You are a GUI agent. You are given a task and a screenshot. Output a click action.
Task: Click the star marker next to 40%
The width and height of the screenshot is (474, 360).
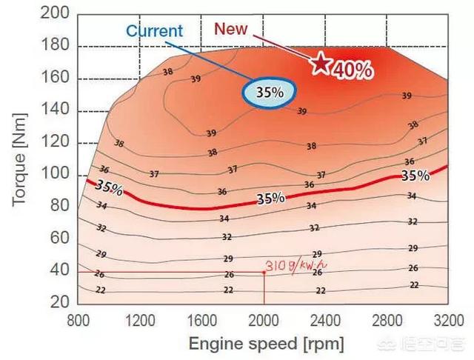pos(320,63)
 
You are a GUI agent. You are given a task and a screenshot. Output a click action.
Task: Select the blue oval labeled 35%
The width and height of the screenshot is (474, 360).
pos(270,93)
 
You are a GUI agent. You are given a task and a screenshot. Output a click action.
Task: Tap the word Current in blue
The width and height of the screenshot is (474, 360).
pos(153,31)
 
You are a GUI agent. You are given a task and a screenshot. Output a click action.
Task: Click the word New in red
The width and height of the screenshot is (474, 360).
pos(230,29)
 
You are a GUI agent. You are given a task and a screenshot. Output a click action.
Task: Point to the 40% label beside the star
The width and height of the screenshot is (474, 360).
pos(352,70)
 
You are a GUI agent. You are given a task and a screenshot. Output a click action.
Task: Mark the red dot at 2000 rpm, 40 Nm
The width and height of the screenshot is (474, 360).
pos(264,272)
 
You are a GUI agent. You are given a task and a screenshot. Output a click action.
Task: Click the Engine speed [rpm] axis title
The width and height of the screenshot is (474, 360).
pos(267,344)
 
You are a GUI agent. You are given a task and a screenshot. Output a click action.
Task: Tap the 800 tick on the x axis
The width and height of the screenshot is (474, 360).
pos(79,321)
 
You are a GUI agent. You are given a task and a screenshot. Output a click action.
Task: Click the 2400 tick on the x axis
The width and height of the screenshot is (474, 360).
pos(324,321)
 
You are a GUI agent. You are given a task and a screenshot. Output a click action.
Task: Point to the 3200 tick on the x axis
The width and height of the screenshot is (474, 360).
pos(447,321)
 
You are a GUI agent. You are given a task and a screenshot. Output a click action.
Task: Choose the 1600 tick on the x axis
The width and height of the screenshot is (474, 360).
pos(201,321)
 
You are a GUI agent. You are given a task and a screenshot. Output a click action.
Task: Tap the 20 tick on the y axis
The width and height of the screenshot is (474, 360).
pos(61,303)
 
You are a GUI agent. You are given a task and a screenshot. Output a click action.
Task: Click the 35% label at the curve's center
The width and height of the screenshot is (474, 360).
pos(270,199)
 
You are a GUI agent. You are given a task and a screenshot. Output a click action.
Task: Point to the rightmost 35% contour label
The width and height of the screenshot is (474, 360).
pos(415,176)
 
